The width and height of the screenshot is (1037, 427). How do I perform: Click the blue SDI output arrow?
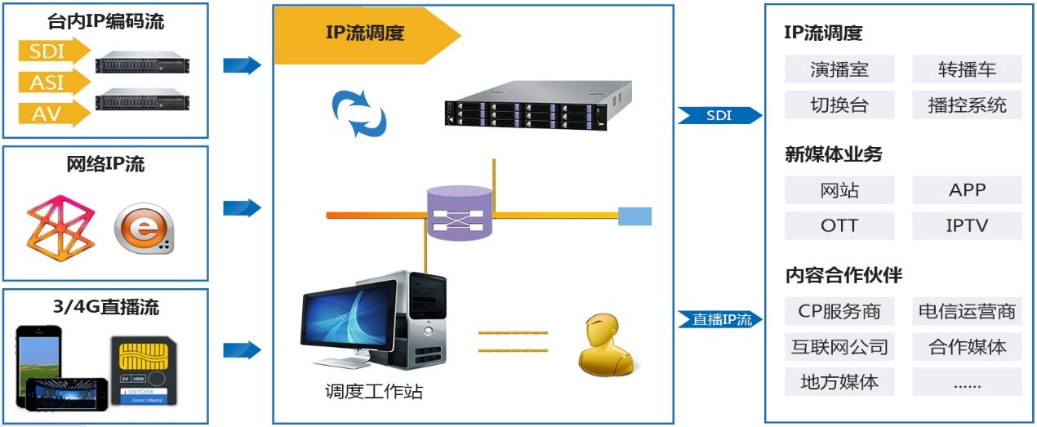point(719,116)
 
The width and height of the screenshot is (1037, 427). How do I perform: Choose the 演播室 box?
point(839,69)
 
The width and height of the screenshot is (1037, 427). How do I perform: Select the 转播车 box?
point(967,69)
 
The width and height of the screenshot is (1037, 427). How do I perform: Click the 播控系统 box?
point(967,105)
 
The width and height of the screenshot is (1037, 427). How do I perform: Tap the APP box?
point(967,190)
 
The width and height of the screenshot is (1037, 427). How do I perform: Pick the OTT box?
point(839,225)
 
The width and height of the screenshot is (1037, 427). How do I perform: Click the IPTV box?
point(967,225)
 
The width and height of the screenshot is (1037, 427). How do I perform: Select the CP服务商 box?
point(839,311)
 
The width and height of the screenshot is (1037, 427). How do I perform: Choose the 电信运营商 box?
point(967,311)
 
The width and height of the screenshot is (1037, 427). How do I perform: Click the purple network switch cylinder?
point(460,213)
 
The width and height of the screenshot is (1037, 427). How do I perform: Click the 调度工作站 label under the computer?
point(373,392)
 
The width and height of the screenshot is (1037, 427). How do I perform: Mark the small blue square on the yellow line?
point(634,216)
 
